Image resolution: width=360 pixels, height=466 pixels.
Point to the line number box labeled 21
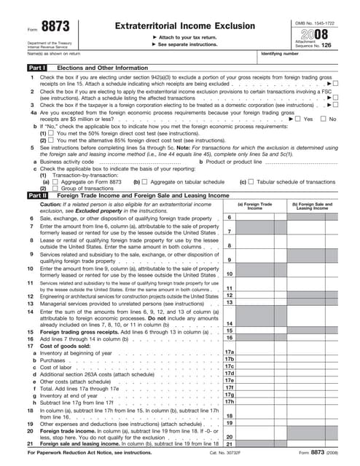[229, 443]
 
